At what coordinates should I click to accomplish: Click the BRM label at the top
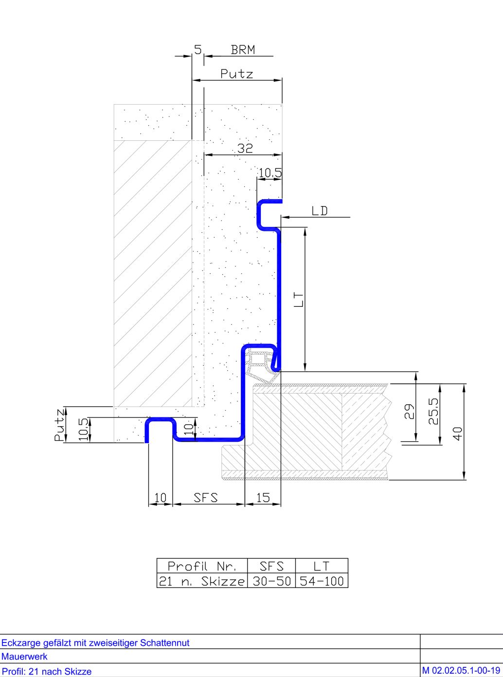(x=243, y=50)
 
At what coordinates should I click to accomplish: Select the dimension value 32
(x=245, y=149)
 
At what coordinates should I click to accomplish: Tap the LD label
(x=320, y=211)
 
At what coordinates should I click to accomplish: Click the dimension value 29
(x=410, y=412)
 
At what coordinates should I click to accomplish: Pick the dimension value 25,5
(x=433, y=411)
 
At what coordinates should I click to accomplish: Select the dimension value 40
(x=458, y=433)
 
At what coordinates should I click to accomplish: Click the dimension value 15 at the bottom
(x=263, y=498)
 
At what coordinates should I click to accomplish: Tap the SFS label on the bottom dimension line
(x=206, y=498)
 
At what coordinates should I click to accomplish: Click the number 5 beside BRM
(x=198, y=50)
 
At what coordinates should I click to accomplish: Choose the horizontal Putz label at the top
(x=236, y=74)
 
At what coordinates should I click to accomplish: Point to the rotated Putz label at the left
(x=59, y=425)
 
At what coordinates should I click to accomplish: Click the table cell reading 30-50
(x=271, y=581)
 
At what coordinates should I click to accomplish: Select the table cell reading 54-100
(x=322, y=581)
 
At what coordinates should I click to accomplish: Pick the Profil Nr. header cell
(x=202, y=566)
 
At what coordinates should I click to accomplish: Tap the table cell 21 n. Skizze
(x=202, y=581)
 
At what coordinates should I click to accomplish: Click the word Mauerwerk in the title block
(x=24, y=656)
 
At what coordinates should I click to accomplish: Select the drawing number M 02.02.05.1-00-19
(x=461, y=670)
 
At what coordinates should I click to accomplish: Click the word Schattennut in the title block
(x=164, y=643)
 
